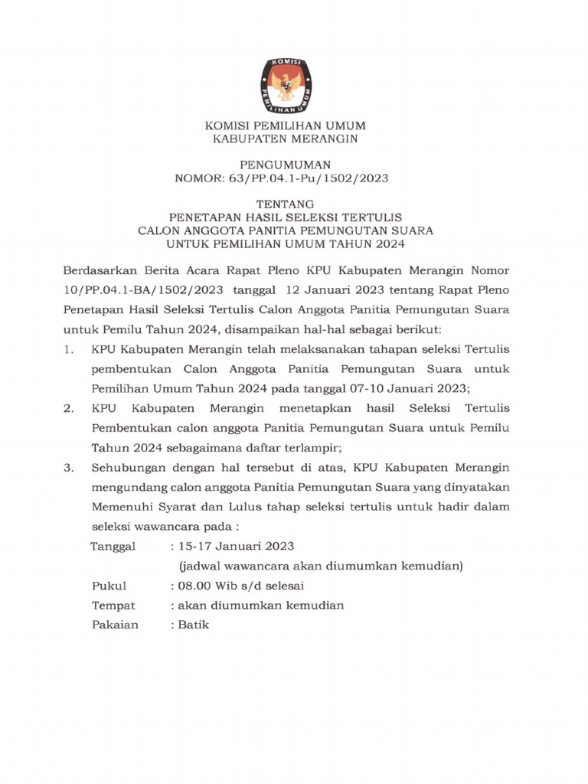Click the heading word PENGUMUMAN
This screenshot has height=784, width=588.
click(x=286, y=165)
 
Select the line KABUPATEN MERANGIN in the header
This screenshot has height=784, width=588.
click(x=286, y=139)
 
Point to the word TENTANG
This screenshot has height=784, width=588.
click(x=286, y=204)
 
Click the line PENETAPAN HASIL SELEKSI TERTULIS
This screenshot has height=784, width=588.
click(x=286, y=217)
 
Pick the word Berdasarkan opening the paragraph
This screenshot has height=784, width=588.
click(x=99, y=272)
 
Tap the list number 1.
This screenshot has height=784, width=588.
click(x=69, y=349)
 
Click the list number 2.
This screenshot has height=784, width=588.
click(x=69, y=408)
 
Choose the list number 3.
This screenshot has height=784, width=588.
click(x=69, y=467)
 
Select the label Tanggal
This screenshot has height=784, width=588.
click(x=113, y=546)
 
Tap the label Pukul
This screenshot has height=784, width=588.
click(x=109, y=586)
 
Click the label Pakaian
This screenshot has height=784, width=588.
click(x=115, y=625)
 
